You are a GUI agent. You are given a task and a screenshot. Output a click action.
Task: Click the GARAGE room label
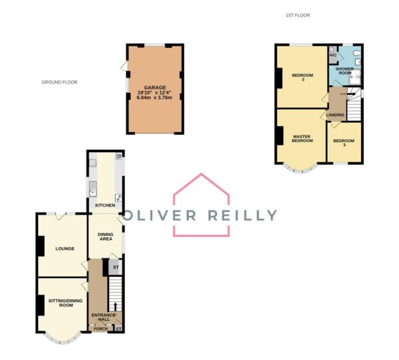155,88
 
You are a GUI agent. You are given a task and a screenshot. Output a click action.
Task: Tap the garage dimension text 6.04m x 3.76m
154,98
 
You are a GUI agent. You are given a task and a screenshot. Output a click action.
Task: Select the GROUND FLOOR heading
60,82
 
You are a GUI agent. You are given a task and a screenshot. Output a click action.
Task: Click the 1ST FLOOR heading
298,15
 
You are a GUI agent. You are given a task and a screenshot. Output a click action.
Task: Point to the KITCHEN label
105,205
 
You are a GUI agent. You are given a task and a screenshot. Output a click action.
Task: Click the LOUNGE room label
65,248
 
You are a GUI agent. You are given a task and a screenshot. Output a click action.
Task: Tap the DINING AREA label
106,236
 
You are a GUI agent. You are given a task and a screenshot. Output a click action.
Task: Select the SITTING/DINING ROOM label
65,303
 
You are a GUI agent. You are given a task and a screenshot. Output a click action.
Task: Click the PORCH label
100,329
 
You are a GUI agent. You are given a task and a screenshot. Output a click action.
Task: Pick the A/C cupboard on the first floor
333,54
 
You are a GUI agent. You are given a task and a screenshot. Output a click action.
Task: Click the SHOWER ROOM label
344,70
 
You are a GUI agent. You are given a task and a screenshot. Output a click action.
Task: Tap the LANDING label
335,115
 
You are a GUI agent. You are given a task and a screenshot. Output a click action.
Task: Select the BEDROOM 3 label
344,143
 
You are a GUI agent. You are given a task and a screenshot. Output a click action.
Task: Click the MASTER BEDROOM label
302,139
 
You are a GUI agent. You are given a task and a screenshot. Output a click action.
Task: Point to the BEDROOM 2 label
303,77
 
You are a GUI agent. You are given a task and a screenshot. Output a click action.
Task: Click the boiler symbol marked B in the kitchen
118,156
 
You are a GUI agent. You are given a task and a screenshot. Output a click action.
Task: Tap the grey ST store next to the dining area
115,267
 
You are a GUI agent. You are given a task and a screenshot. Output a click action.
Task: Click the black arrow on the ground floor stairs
115,307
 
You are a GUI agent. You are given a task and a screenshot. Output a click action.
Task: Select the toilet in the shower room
357,52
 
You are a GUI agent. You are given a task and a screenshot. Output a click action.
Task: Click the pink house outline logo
201,205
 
